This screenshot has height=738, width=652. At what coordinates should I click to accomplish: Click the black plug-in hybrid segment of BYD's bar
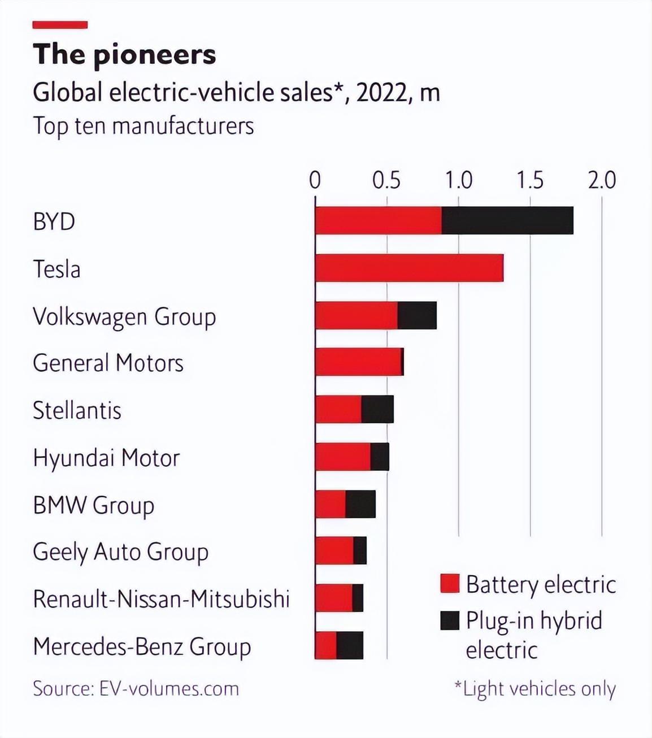click(507, 220)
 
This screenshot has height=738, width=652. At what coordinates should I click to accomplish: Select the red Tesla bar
click(409, 268)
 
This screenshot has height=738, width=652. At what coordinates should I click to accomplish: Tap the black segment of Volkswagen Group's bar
click(417, 315)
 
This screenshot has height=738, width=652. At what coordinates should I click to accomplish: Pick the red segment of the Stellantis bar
click(338, 409)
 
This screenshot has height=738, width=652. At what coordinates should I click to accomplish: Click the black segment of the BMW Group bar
click(360, 504)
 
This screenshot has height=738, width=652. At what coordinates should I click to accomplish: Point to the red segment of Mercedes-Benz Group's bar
click(325, 645)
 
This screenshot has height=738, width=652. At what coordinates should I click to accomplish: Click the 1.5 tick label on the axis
click(530, 180)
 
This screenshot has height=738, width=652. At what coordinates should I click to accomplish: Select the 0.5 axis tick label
click(386, 180)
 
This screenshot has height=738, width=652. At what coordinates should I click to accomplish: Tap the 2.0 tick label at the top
click(602, 180)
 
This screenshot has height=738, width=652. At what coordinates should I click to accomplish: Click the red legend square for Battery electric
click(450, 583)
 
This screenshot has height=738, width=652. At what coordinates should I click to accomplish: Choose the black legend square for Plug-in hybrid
click(450, 620)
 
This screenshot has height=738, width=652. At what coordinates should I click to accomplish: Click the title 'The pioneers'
click(124, 54)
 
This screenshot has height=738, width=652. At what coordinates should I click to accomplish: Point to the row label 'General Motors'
click(108, 363)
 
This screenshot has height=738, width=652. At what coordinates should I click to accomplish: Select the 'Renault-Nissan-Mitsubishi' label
click(161, 599)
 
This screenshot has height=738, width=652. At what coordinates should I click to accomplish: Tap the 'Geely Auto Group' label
click(120, 552)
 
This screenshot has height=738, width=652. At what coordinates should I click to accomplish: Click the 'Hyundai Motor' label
click(106, 458)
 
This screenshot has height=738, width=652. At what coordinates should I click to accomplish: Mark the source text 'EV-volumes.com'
click(169, 689)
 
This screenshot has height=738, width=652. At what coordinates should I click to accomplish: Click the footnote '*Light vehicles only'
click(534, 689)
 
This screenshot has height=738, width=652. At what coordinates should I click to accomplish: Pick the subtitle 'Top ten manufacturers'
click(143, 125)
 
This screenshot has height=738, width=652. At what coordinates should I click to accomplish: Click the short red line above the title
click(60, 25)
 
